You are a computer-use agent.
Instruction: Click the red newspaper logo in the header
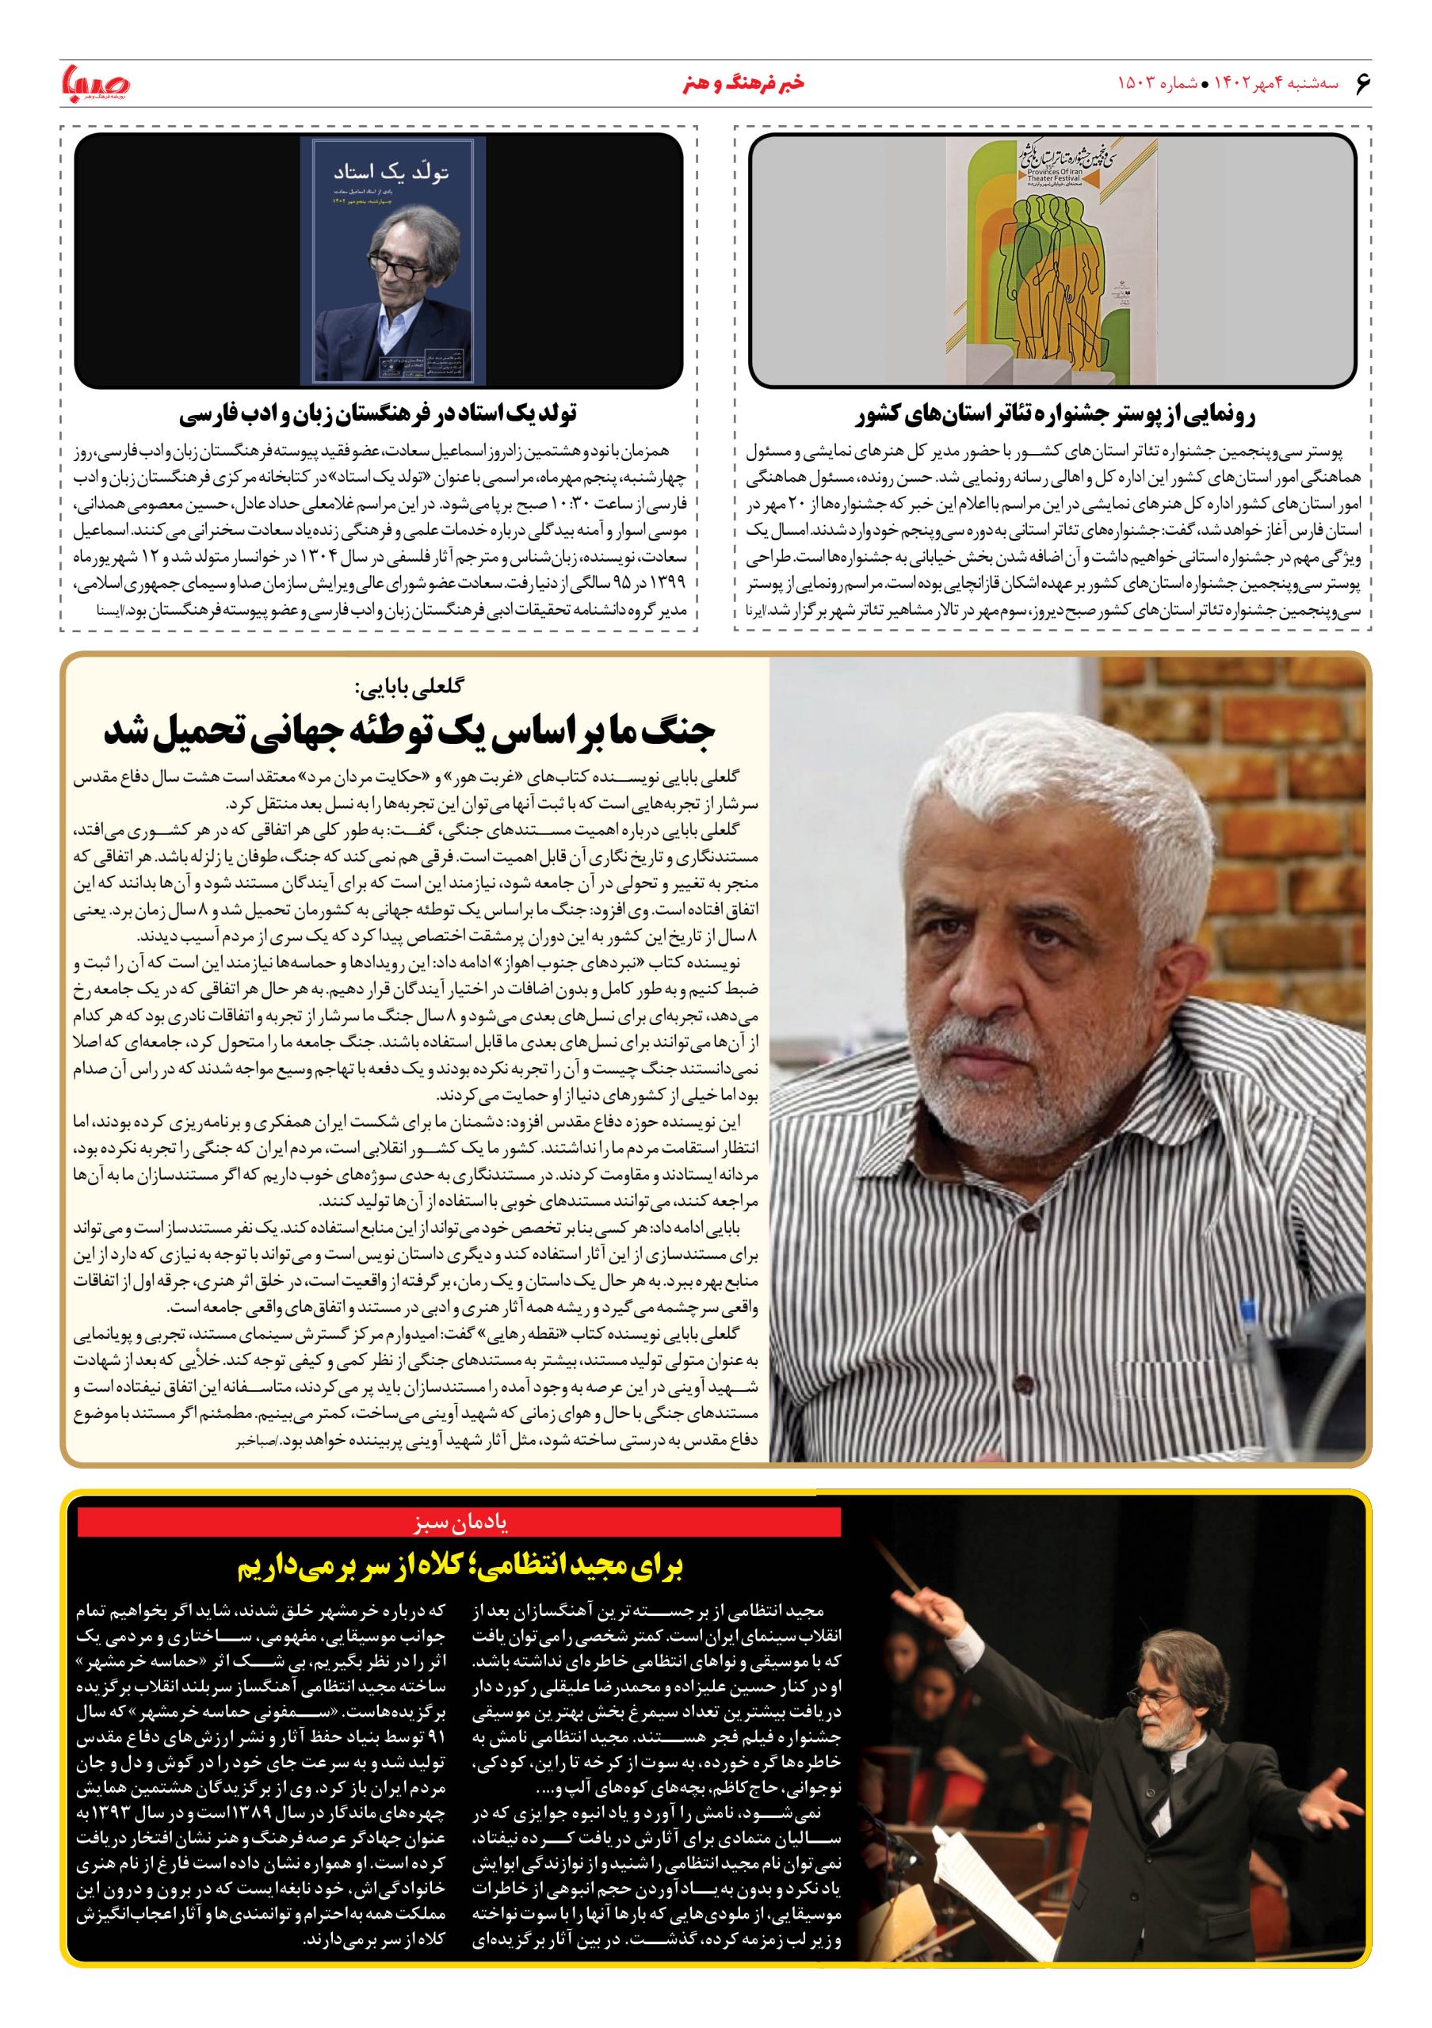click(95, 84)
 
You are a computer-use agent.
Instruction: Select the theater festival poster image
click(1052, 261)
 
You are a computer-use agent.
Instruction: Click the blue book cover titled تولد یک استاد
click(387, 261)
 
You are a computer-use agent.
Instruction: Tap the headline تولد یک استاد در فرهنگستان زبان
click(378, 414)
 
